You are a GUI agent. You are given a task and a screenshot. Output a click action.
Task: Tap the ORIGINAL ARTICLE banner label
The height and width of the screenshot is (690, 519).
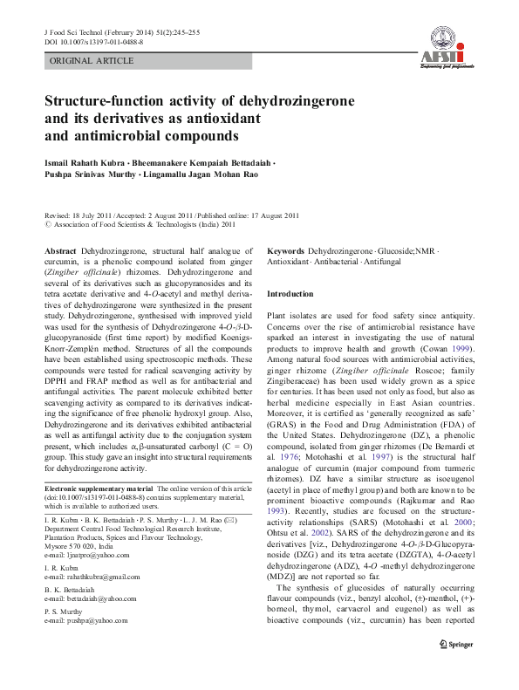tap(92, 61)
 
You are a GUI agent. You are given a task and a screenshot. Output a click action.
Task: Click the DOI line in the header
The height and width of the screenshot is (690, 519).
tap(93, 41)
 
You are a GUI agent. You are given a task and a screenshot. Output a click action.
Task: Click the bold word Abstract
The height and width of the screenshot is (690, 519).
tap(60, 250)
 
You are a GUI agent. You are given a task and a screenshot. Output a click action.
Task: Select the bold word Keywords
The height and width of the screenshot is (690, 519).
tap(285, 250)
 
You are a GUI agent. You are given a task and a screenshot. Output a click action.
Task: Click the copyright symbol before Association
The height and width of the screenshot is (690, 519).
tap(48, 223)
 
